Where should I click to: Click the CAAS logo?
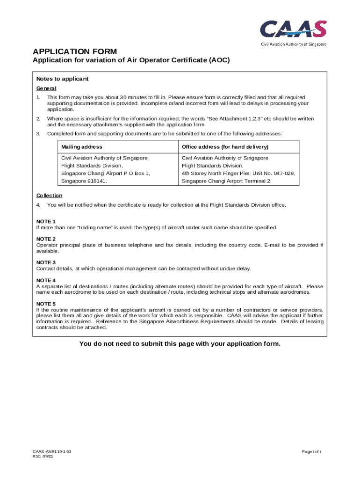tap(293, 29)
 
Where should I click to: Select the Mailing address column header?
tap(82, 147)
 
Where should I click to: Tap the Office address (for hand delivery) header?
tap(225, 147)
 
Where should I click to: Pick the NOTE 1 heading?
tap(46, 221)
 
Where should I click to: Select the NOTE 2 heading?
tap(46, 239)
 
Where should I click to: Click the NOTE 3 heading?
tap(46, 262)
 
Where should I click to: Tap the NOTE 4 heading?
tap(46, 280)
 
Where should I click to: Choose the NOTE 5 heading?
tap(46, 304)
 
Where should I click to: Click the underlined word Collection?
tap(49, 196)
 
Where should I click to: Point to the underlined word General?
tap(46, 88)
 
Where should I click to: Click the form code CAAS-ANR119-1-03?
tap(51, 452)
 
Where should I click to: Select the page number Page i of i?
tap(311, 452)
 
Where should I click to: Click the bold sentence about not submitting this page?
tap(180, 344)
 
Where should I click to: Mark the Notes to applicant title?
tap(62, 79)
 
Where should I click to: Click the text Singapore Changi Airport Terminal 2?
tap(226, 181)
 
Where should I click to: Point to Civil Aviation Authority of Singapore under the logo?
tap(293, 44)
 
